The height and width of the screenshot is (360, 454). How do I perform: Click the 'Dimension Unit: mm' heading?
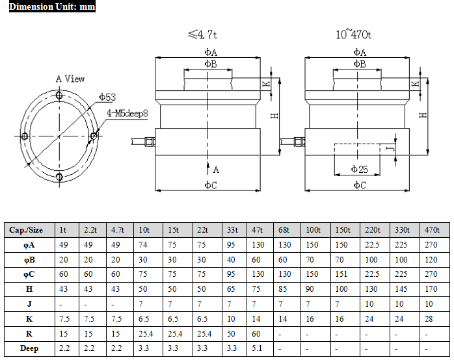click(x=52, y=6)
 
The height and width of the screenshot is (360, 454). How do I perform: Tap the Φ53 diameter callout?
click(x=107, y=97)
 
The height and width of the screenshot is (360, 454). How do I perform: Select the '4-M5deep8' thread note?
click(x=127, y=113)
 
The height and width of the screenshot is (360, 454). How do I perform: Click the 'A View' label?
click(x=70, y=79)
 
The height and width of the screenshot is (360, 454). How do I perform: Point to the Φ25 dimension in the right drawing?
click(x=359, y=169)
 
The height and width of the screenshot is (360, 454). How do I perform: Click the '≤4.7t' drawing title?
click(x=202, y=34)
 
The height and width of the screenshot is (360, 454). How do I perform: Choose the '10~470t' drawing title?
click(x=353, y=34)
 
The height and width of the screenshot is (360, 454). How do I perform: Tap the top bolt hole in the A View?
click(x=59, y=95)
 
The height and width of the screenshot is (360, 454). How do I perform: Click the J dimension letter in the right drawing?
click(x=391, y=149)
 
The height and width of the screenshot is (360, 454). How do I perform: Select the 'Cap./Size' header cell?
click(x=26, y=230)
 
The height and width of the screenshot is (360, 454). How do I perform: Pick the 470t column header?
click(x=432, y=230)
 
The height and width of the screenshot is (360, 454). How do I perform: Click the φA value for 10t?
click(x=142, y=245)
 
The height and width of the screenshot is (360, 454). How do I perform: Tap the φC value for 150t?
click(x=341, y=274)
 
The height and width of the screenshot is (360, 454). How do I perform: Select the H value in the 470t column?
click(x=431, y=289)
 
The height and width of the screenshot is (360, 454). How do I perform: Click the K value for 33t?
click(x=231, y=319)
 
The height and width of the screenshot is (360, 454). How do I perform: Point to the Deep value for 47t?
click(x=257, y=348)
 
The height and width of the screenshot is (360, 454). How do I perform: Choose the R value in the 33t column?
click(x=231, y=334)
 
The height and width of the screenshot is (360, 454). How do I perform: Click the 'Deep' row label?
click(x=29, y=348)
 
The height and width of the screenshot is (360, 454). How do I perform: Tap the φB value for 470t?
click(x=431, y=260)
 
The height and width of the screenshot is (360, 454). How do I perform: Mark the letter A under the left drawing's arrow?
click(x=216, y=170)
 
